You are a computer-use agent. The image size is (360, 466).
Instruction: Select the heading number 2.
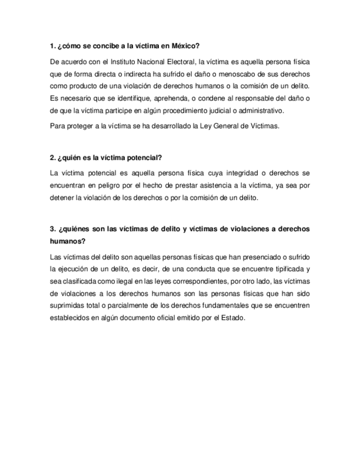[x=52, y=158]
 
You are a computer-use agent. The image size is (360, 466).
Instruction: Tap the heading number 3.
[x=52, y=229]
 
